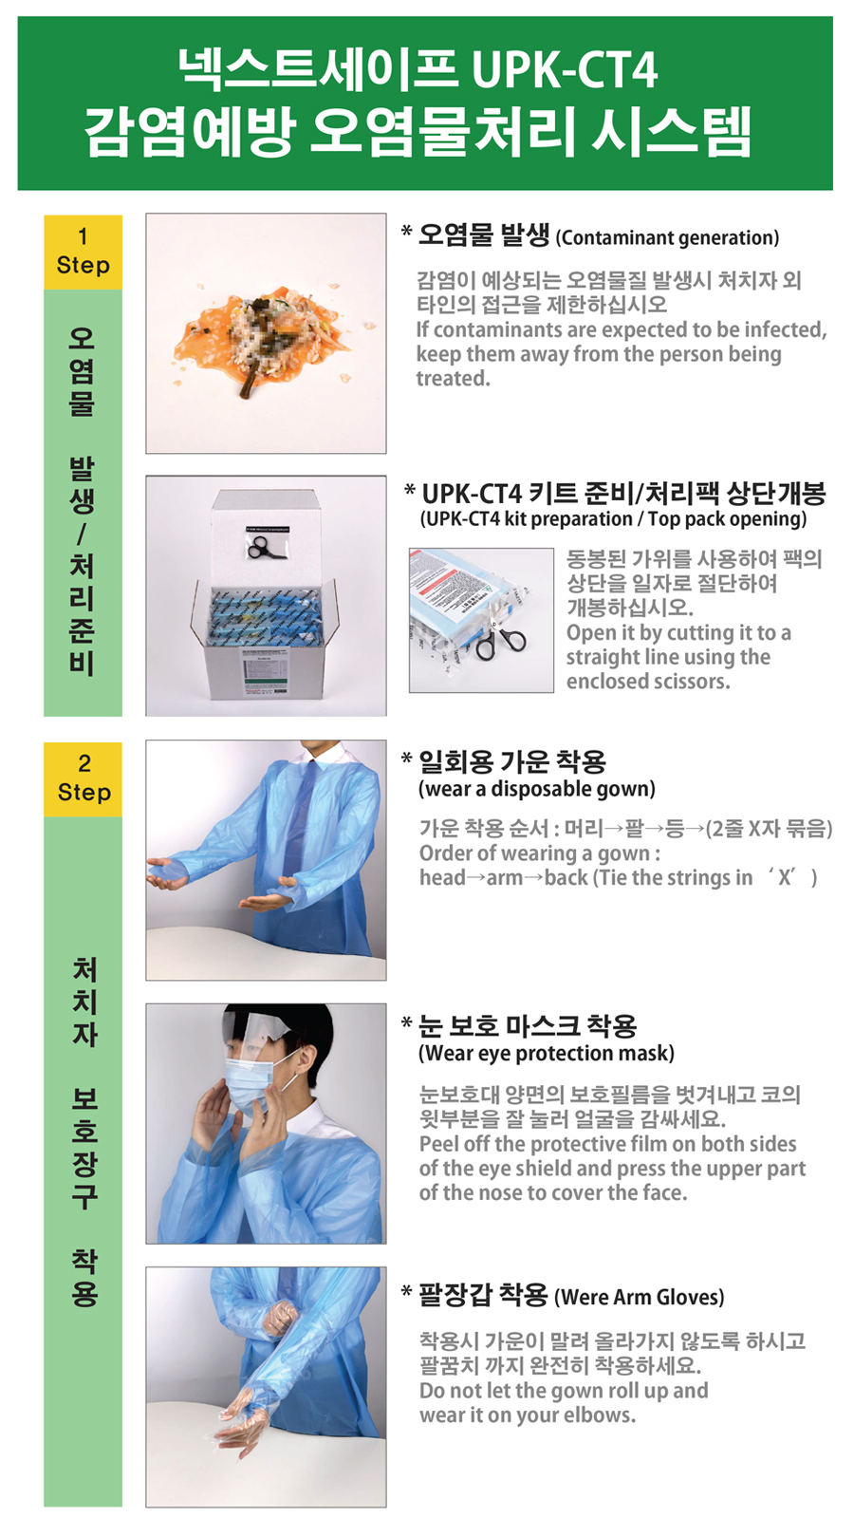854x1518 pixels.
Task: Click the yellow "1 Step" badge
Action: [83, 252]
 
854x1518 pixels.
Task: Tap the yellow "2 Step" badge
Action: [84, 778]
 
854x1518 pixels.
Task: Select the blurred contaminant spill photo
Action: [266, 333]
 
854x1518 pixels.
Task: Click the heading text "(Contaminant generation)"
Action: [667, 238]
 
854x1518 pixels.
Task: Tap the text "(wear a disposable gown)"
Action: [536, 789]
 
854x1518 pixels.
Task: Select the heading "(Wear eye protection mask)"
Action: [547, 1053]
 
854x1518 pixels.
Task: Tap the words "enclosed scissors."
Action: [648, 682]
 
